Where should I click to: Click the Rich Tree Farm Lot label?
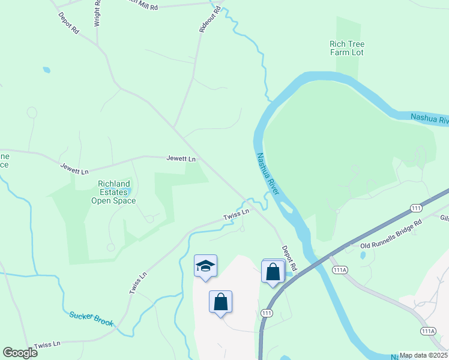(346, 49)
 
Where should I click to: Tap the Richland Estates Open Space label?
(113, 192)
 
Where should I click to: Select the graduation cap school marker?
(205, 266)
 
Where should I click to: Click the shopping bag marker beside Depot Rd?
(273, 271)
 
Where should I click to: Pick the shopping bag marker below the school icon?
(220, 301)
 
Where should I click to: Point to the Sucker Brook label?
(91, 318)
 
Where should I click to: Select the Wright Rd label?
(97, 14)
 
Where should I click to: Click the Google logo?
(20, 352)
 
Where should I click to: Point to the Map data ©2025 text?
(423, 355)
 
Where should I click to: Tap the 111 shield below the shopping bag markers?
(267, 313)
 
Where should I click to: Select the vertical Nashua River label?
(268, 175)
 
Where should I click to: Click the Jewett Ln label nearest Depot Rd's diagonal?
(181, 159)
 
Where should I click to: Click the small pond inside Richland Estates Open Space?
(126, 191)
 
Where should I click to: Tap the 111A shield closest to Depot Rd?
(340, 270)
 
